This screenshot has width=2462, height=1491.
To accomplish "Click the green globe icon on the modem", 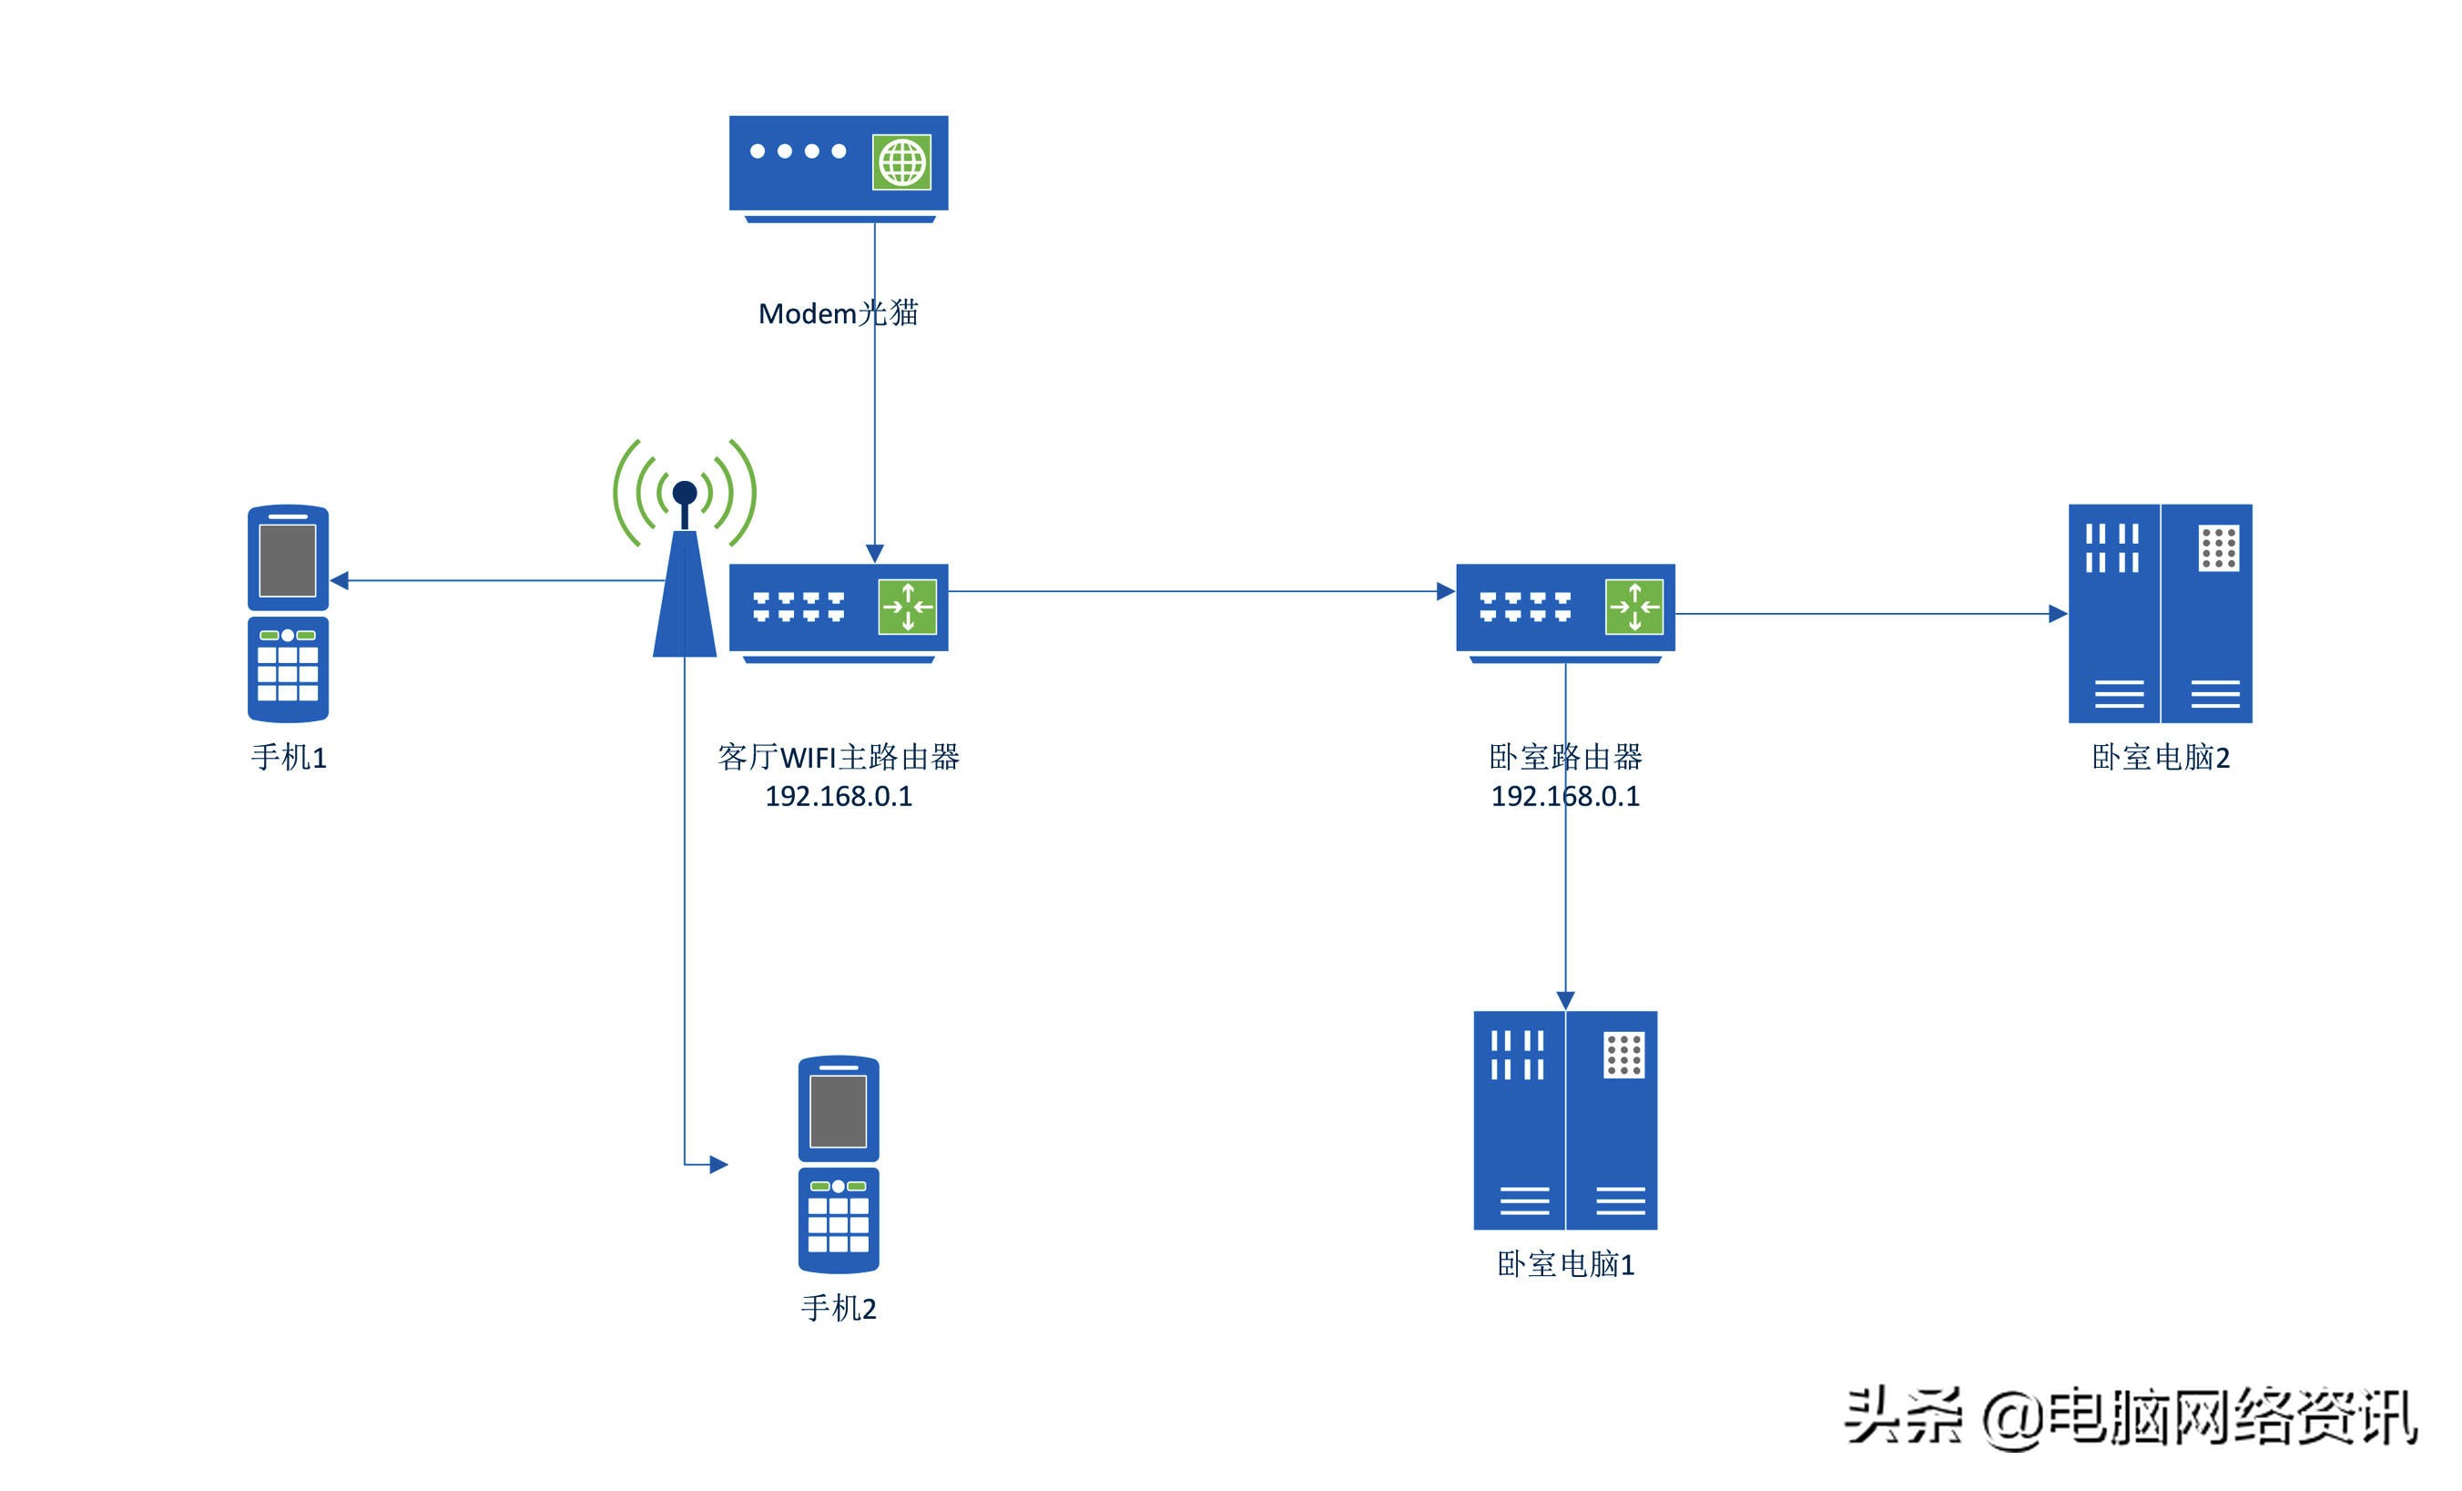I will (901, 162).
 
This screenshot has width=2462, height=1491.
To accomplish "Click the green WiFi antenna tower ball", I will (685, 493).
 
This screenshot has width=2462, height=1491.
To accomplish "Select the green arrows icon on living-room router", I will (907, 607).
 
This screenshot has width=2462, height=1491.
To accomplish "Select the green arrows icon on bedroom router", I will (1633, 607).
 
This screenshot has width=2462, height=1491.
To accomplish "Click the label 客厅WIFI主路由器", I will (838, 758).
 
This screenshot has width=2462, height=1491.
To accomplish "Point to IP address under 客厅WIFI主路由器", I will (838, 796).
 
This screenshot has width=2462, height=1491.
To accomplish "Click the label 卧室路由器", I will (1565, 758).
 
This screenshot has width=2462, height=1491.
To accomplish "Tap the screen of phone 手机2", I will (838, 1111).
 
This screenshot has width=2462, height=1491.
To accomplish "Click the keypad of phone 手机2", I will (838, 1224).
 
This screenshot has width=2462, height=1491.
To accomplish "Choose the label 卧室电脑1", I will (1565, 1265).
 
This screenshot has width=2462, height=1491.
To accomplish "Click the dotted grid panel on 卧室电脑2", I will (2218, 548).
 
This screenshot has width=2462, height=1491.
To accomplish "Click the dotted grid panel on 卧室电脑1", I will (1623, 1056).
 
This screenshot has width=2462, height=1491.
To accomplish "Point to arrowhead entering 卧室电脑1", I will (1565, 1000).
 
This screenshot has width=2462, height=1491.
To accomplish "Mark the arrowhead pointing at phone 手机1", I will (340, 580).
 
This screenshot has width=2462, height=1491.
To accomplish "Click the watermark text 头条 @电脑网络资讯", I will (2128, 1417).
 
